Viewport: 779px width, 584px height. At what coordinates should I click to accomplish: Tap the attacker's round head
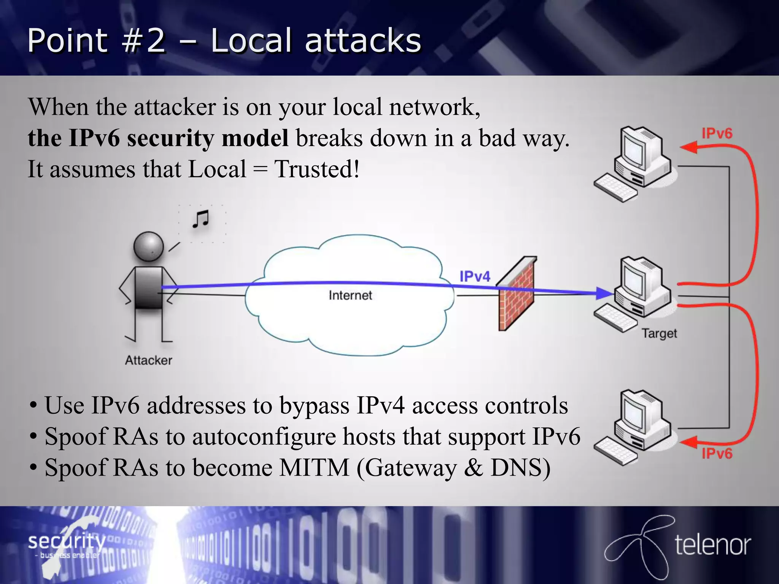(149, 247)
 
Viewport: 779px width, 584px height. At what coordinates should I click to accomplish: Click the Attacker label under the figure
(149, 360)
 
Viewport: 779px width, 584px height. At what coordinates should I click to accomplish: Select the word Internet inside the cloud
(350, 295)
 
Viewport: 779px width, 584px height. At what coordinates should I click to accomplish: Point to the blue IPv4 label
(475, 276)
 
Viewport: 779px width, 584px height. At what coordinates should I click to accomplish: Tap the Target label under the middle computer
(660, 333)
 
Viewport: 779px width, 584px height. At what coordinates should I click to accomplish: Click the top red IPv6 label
(717, 133)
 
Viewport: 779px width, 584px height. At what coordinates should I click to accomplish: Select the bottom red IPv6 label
(717, 453)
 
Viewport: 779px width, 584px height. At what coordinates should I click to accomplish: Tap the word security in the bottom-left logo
(67, 541)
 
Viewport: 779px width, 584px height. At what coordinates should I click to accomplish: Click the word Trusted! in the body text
(317, 169)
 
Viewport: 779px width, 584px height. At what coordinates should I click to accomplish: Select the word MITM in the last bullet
(314, 468)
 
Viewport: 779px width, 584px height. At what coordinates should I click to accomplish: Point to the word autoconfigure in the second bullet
(264, 436)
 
